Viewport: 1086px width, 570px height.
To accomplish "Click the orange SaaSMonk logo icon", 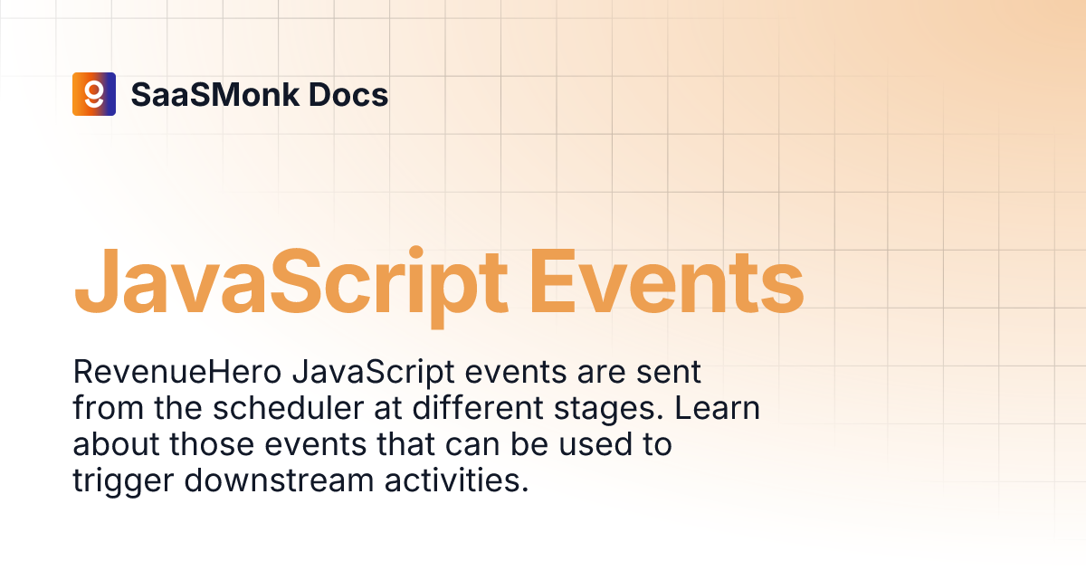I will click(x=94, y=94).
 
